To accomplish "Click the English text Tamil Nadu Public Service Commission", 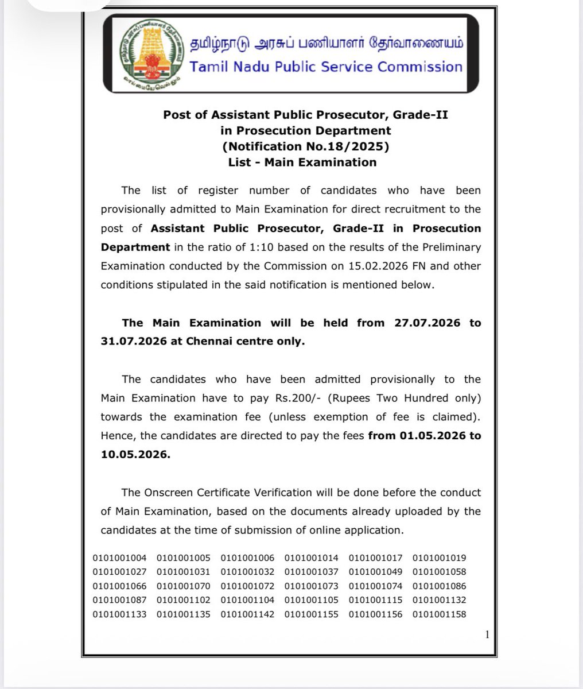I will click(x=326, y=67).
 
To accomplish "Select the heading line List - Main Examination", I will click(x=302, y=162).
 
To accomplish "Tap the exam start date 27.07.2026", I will click(x=427, y=323).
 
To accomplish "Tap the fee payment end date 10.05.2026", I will click(x=133, y=454).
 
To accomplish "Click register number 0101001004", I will click(x=119, y=558).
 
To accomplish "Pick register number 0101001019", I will click(x=439, y=558).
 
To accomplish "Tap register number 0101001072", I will click(x=247, y=586).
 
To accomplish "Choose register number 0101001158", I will click(x=439, y=614).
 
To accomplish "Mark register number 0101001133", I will click(x=119, y=614).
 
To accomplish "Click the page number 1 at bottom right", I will click(x=487, y=634).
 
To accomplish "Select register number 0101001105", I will click(x=312, y=600).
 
